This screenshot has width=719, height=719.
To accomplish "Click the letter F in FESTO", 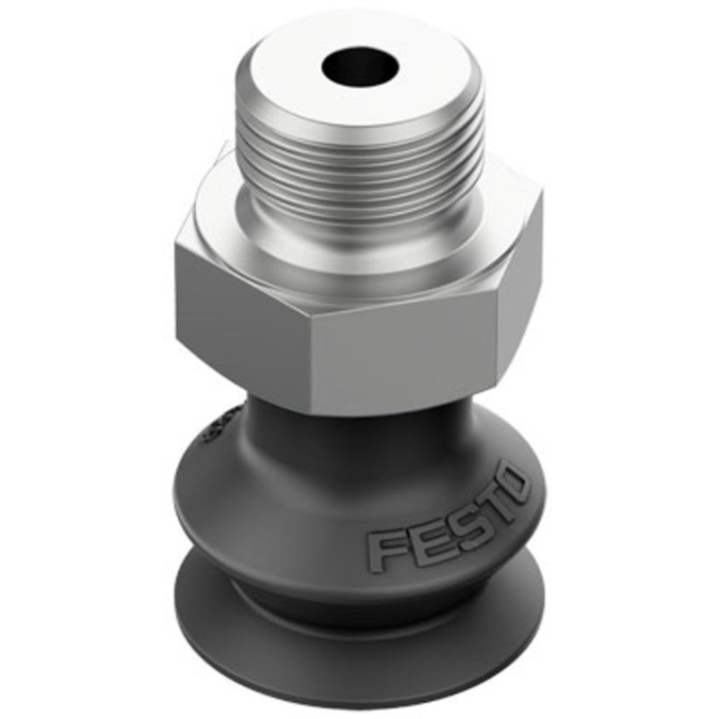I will click(x=383, y=549).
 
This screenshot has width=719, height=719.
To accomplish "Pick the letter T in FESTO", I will click(x=490, y=504).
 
